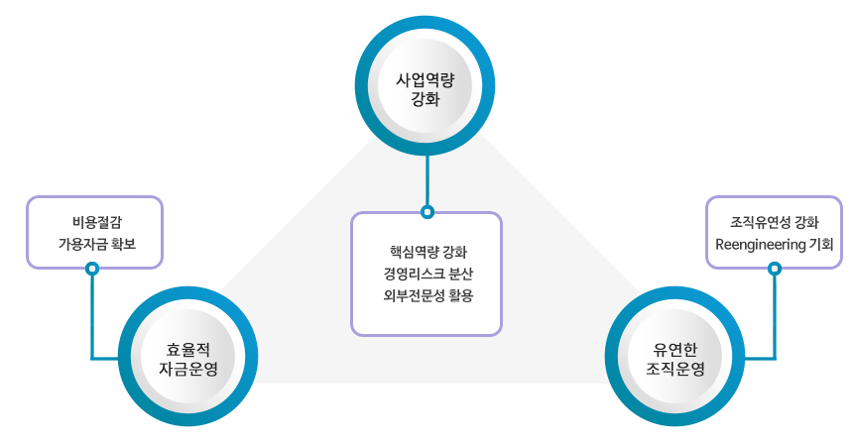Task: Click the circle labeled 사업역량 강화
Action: [426, 86]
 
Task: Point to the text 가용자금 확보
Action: [94, 244]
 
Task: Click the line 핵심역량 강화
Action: [426, 250]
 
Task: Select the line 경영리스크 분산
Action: [426, 273]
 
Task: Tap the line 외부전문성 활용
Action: [426, 295]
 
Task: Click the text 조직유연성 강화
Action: [774, 220]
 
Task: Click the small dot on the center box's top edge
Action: [427, 212]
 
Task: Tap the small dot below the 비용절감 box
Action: [92, 268]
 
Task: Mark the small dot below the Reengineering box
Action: [774, 268]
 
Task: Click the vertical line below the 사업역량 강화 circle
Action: [427, 182]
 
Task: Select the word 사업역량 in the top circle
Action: [426, 77]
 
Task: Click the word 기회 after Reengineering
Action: [820, 244]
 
